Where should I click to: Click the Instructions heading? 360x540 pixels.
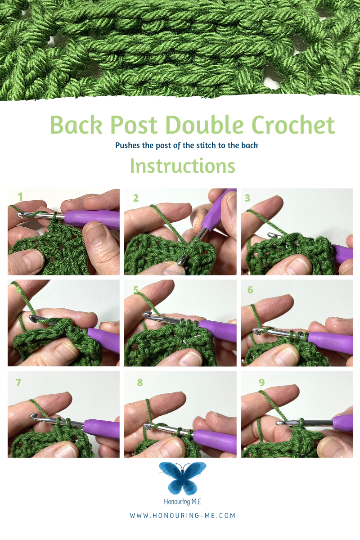(x=183, y=166)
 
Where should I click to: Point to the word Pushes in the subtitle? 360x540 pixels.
(x=127, y=145)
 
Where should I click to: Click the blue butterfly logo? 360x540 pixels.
(x=183, y=478)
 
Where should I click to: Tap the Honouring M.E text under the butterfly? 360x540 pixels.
(x=183, y=502)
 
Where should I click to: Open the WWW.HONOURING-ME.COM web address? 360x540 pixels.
(x=183, y=515)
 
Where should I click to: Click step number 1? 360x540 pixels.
(x=20, y=197)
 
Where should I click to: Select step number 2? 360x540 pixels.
(x=136, y=198)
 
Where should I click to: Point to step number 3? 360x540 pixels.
(x=247, y=198)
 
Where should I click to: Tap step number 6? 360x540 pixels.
(x=250, y=290)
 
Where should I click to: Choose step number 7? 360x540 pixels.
(x=18, y=382)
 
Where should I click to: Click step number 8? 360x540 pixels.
(x=140, y=382)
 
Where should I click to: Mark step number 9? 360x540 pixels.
(x=262, y=382)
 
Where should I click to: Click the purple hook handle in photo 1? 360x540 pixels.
(x=92, y=218)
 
